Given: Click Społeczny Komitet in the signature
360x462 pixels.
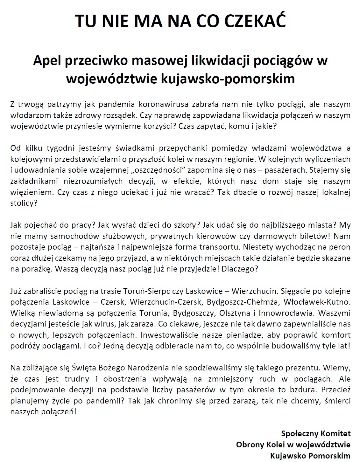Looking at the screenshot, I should (x=316, y=433).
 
